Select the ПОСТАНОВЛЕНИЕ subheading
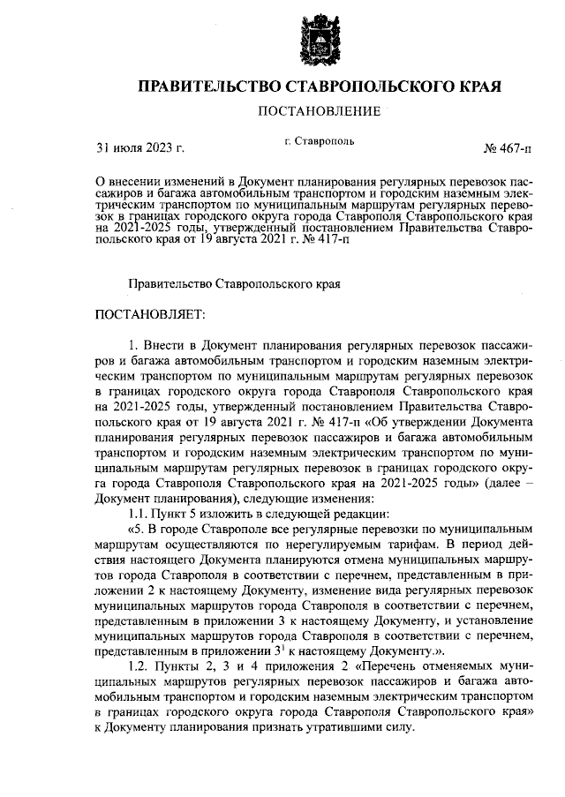click(319, 112)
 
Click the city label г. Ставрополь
click(320, 140)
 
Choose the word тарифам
click(407, 545)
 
